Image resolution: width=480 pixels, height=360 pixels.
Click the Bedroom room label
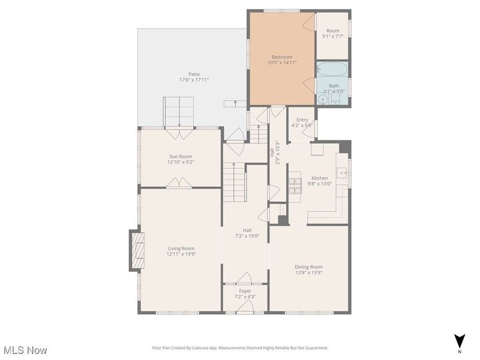click(x=282, y=57)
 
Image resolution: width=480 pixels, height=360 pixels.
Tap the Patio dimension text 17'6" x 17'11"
click(x=194, y=80)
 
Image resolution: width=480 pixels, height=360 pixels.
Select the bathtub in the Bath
click(x=332, y=69)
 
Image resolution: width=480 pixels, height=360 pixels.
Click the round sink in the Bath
click(x=322, y=100)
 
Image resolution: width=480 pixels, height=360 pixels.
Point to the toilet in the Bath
click(x=336, y=99)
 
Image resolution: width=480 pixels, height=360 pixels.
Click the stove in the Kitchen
click(x=295, y=186)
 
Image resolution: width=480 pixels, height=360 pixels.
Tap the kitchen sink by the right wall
click(x=341, y=173)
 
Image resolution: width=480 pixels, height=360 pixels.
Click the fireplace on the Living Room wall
click(x=137, y=250)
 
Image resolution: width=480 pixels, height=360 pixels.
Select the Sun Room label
click(x=181, y=157)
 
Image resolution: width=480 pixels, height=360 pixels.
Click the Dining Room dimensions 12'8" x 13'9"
click(x=308, y=272)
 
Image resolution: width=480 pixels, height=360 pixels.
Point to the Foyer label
click(x=245, y=291)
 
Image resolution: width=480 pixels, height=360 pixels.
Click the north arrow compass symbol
click(x=459, y=341)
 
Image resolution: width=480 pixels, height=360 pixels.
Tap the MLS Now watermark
click(x=26, y=350)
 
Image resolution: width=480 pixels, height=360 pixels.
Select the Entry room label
click(x=302, y=119)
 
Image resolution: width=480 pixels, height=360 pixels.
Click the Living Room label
click(x=181, y=248)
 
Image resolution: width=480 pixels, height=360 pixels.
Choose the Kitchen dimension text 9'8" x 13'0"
click(x=320, y=184)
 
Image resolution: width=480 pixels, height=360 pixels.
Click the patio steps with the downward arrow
click(x=179, y=112)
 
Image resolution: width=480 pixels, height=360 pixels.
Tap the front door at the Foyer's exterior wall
click(x=245, y=307)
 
